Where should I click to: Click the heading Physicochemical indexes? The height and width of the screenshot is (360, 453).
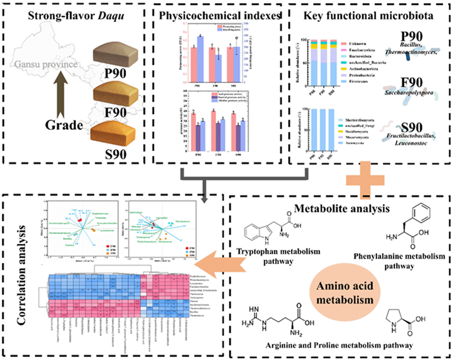(x=219, y=16)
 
